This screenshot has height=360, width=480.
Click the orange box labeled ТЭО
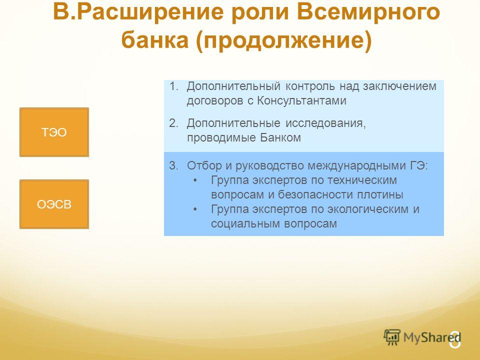click(54, 132)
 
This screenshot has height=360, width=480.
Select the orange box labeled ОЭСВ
click(54, 204)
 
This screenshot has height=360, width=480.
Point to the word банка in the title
click(155, 40)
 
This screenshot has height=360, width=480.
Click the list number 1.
click(173, 86)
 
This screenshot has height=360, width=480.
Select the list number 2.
click(173, 123)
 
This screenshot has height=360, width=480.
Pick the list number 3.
click(173, 165)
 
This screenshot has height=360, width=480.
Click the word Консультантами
click(301, 100)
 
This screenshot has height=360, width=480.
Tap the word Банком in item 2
click(280, 137)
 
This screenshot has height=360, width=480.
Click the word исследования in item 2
click(325, 123)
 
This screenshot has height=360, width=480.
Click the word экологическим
click(367, 209)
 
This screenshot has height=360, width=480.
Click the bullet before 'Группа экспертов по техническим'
click(195, 180)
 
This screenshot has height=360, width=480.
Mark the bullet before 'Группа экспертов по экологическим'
click(195, 209)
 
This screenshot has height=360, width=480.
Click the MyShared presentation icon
click(392, 337)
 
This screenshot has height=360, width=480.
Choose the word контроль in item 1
click(310, 86)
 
